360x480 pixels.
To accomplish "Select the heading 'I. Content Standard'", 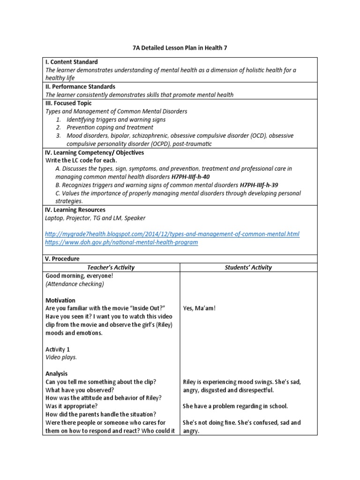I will pyautogui.click(x=71, y=62).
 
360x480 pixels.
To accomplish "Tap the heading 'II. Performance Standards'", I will pyautogui.click(x=80, y=87).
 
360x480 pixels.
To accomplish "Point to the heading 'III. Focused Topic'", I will pyautogui.click(x=68, y=103).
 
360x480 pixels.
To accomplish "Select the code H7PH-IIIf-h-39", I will pyautogui.click(x=259, y=185).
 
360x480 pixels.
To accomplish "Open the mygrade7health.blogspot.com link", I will pyautogui.click(x=172, y=234).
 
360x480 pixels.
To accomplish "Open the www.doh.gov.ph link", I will pyautogui.click(x=121, y=242).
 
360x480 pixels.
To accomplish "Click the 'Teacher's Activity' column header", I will pyautogui.click(x=111, y=267).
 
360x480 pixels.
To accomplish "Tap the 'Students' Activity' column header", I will pyautogui.click(x=248, y=267).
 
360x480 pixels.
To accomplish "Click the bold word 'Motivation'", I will pyautogui.click(x=60, y=300).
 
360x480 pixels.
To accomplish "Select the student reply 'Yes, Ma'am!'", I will pyautogui.click(x=199, y=308).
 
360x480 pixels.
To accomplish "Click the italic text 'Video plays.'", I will pyautogui.click(x=61, y=357).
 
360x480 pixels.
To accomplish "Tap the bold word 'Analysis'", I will pyautogui.click(x=56, y=374).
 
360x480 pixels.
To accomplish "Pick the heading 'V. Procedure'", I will pyautogui.click(x=62, y=259).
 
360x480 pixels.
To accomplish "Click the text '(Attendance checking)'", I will pyautogui.click(x=75, y=284).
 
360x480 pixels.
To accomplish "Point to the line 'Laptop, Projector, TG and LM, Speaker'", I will pyautogui.click(x=95, y=218).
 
